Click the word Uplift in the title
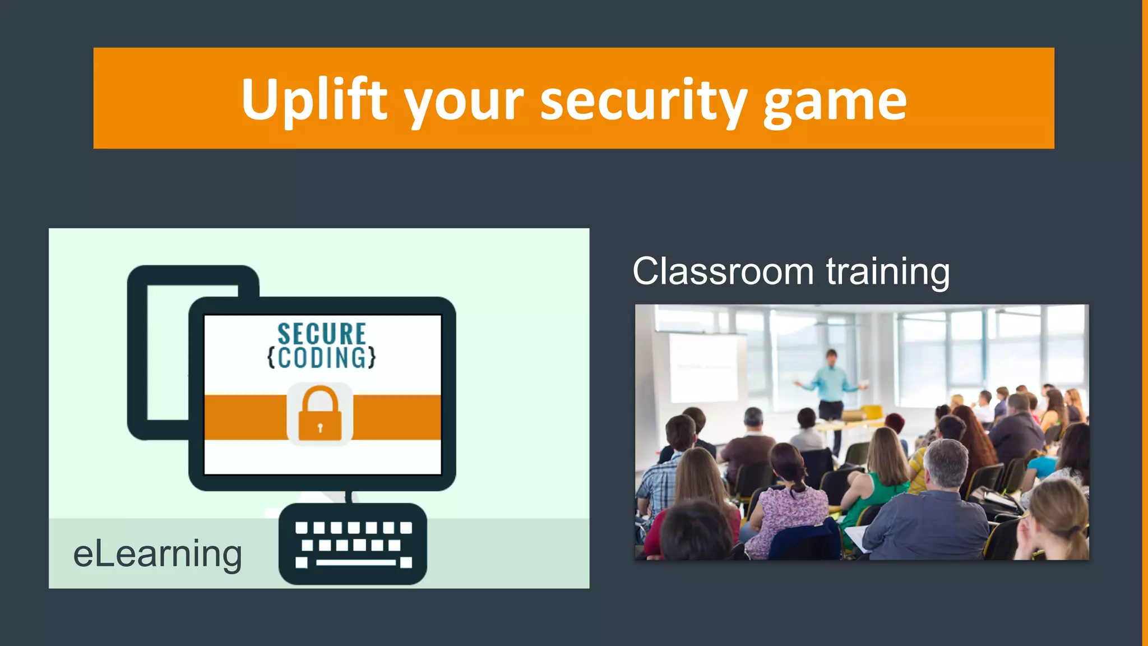[x=314, y=100]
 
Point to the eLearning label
[x=158, y=554]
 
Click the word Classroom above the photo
[x=723, y=272]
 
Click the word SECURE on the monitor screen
[x=322, y=334]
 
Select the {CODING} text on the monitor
[x=322, y=358]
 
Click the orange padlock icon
[x=320, y=415]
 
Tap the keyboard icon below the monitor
[x=353, y=543]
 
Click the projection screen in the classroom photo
[x=704, y=367]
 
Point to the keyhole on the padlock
[x=320, y=428]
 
